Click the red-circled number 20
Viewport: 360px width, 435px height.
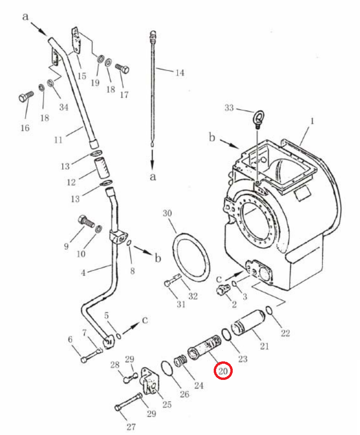[223, 371]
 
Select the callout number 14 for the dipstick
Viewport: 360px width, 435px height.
[180, 73]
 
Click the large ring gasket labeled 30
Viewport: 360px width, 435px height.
[190, 255]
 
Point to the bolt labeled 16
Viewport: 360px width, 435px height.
[26, 96]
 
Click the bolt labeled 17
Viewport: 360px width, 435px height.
[123, 68]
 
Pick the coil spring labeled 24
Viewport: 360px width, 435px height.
[180, 360]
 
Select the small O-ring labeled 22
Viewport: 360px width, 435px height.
[269, 311]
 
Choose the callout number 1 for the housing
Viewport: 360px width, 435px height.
[312, 121]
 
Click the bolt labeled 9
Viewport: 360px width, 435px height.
[86, 222]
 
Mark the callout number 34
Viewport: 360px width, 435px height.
[64, 107]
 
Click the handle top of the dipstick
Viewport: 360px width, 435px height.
[153, 36]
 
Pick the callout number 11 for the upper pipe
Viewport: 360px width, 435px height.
[58, 140]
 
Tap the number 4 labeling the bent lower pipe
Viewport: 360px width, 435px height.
[83, 273]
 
